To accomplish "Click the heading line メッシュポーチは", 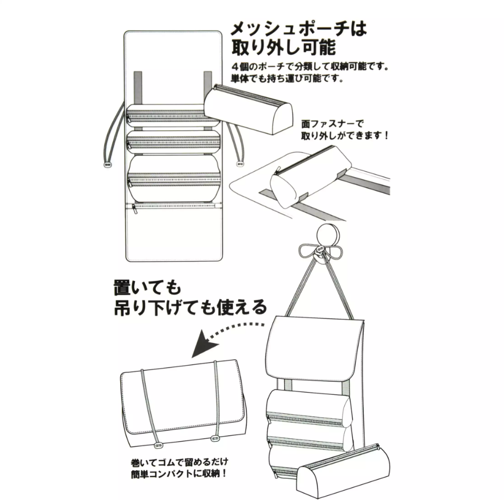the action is (298, 29).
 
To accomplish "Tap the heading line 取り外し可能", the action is (284, 47).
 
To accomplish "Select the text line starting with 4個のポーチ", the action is (310, 67).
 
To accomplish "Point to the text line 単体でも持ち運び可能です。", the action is (287, 78).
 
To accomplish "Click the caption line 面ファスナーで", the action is (332, 124).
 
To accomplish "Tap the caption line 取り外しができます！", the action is (345, 135).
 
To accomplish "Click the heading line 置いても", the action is (147, 287).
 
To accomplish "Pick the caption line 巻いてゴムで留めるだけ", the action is (179, 462).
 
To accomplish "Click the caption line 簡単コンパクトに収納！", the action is (179, 474).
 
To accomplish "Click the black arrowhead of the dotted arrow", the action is (204, 344).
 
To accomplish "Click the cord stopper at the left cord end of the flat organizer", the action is (107, 164).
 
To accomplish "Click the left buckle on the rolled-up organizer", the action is (158, 445).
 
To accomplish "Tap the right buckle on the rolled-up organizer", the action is (214, 438).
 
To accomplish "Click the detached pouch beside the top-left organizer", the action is (249, 106).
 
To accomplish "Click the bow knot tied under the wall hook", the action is (320, 251).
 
